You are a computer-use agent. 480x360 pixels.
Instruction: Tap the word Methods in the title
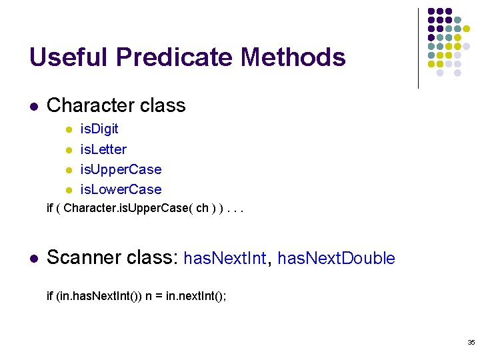[x=293, y=57]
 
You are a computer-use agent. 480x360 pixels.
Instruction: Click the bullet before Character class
[x=33, y=107]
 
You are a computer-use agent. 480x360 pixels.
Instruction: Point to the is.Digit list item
[x=99, y=129]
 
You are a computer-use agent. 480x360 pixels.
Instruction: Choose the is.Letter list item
[x=103, y=149]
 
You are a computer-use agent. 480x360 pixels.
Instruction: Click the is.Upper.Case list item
[x=121, y=169]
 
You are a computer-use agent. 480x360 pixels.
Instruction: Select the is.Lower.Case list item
[x=121, y=189]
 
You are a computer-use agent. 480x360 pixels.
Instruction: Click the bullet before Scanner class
[x=33, y=259]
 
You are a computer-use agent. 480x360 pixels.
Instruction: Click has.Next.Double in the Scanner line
[x=336, y=259]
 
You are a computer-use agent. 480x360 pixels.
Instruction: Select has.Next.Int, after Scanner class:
[x=225, y=259]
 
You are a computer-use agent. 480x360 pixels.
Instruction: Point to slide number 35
[x=471, y=343]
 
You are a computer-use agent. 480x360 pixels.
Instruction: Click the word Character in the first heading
[x=89, y=105]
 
